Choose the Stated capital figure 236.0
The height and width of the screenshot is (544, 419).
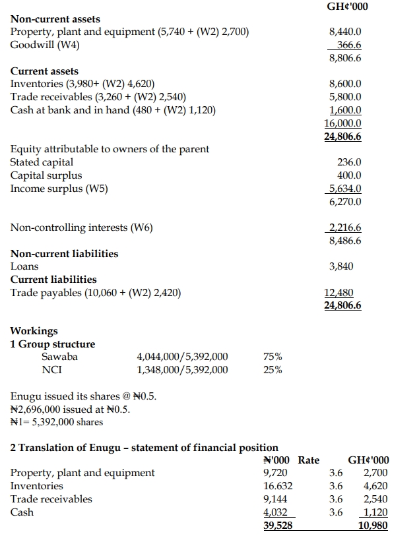(349, 162)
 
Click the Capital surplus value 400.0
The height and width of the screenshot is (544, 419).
(349, 175)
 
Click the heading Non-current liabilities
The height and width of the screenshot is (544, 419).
(65, 254)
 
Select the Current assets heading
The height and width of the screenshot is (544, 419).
(44, 71)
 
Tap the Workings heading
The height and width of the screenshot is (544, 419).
(34, 331)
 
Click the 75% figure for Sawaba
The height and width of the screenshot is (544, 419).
(273, 357)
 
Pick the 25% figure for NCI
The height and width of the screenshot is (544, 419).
(273, 370)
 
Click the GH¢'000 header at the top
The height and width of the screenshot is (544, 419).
(347, 7)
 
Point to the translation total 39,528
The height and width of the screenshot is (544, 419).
(278, 526)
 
